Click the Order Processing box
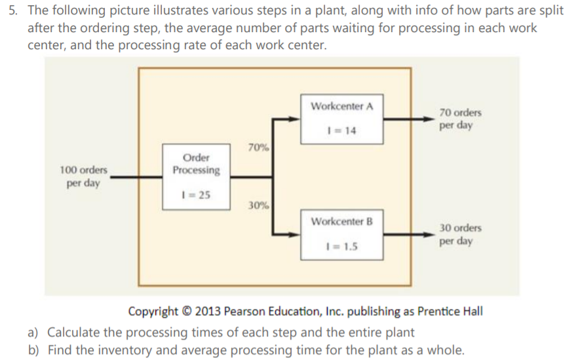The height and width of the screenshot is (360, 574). tap(197, 176)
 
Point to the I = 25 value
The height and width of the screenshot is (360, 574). tap(197, 195)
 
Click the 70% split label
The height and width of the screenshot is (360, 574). tap(259, 148)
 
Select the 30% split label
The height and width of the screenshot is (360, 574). tap(259, 205)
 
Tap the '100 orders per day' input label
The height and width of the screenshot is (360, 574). tap(84, 176)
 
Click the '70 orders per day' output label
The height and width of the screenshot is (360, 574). tap(460, 119)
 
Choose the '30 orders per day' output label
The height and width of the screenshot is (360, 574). tap(460, 234)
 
